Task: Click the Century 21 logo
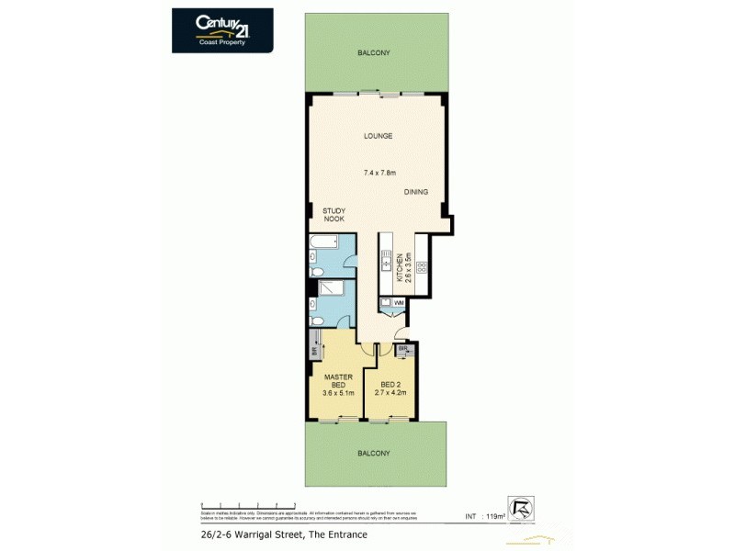[x=222, y=29]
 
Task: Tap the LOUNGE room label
[x=377, y=136]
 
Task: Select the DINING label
[x=415, y=192]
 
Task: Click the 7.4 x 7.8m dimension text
[x=379, y=173]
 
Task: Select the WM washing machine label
[x=398, y=302]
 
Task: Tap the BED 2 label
[x=390, y=385]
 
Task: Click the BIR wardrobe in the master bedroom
[x=314, y=352]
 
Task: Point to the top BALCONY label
[x=374, y=53]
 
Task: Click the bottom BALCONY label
[x=374, y=453]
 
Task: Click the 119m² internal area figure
[x=496, y=517]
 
